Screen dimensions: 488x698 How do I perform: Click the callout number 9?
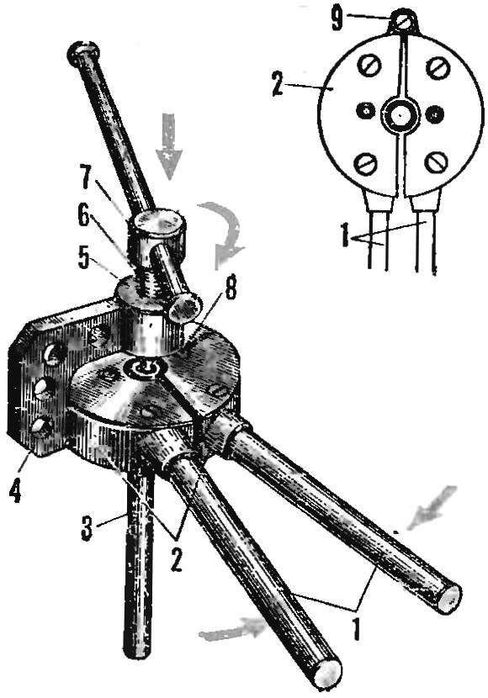pyautogui.click(x=337, y=20)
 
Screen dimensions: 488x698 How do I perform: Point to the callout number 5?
pyautogui.click(x=84, y=258)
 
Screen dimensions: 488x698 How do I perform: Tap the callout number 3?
pyautogui.click(x=87, y=527)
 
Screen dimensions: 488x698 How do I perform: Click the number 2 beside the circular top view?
pyautogui.click(x=277, y=85)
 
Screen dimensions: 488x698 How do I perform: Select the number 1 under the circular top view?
pyautogui.click(x=344, y=236)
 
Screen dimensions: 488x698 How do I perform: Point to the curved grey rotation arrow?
pyautogui.click(x=223, y=234)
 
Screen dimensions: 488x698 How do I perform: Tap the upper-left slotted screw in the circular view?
pyautogui.click(x=369, y=67)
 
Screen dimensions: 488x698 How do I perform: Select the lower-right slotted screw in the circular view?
pyautogui.click(x=436, y=163)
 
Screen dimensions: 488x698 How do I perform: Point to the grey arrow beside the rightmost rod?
pyautogui.click(x=431, y=507)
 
